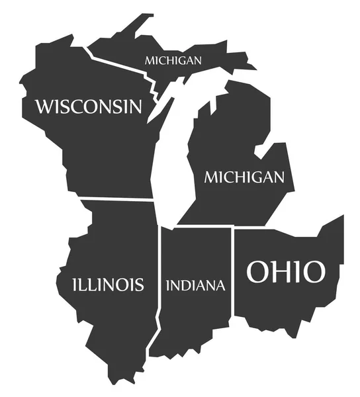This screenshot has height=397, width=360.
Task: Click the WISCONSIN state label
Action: coord(89,106)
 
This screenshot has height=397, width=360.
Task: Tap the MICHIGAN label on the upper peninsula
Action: coord(173,60)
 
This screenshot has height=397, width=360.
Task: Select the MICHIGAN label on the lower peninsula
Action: coord(244,177)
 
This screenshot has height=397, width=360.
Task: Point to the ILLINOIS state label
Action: coord(108,285)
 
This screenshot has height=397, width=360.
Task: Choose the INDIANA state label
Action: coord(195,286)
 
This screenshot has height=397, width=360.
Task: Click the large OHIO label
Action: coord(286,271)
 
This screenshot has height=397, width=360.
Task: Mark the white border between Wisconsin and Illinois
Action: coord(116,198)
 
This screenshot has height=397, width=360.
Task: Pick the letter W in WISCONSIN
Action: coord(44,106)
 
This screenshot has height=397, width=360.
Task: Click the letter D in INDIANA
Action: coord(187,286)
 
